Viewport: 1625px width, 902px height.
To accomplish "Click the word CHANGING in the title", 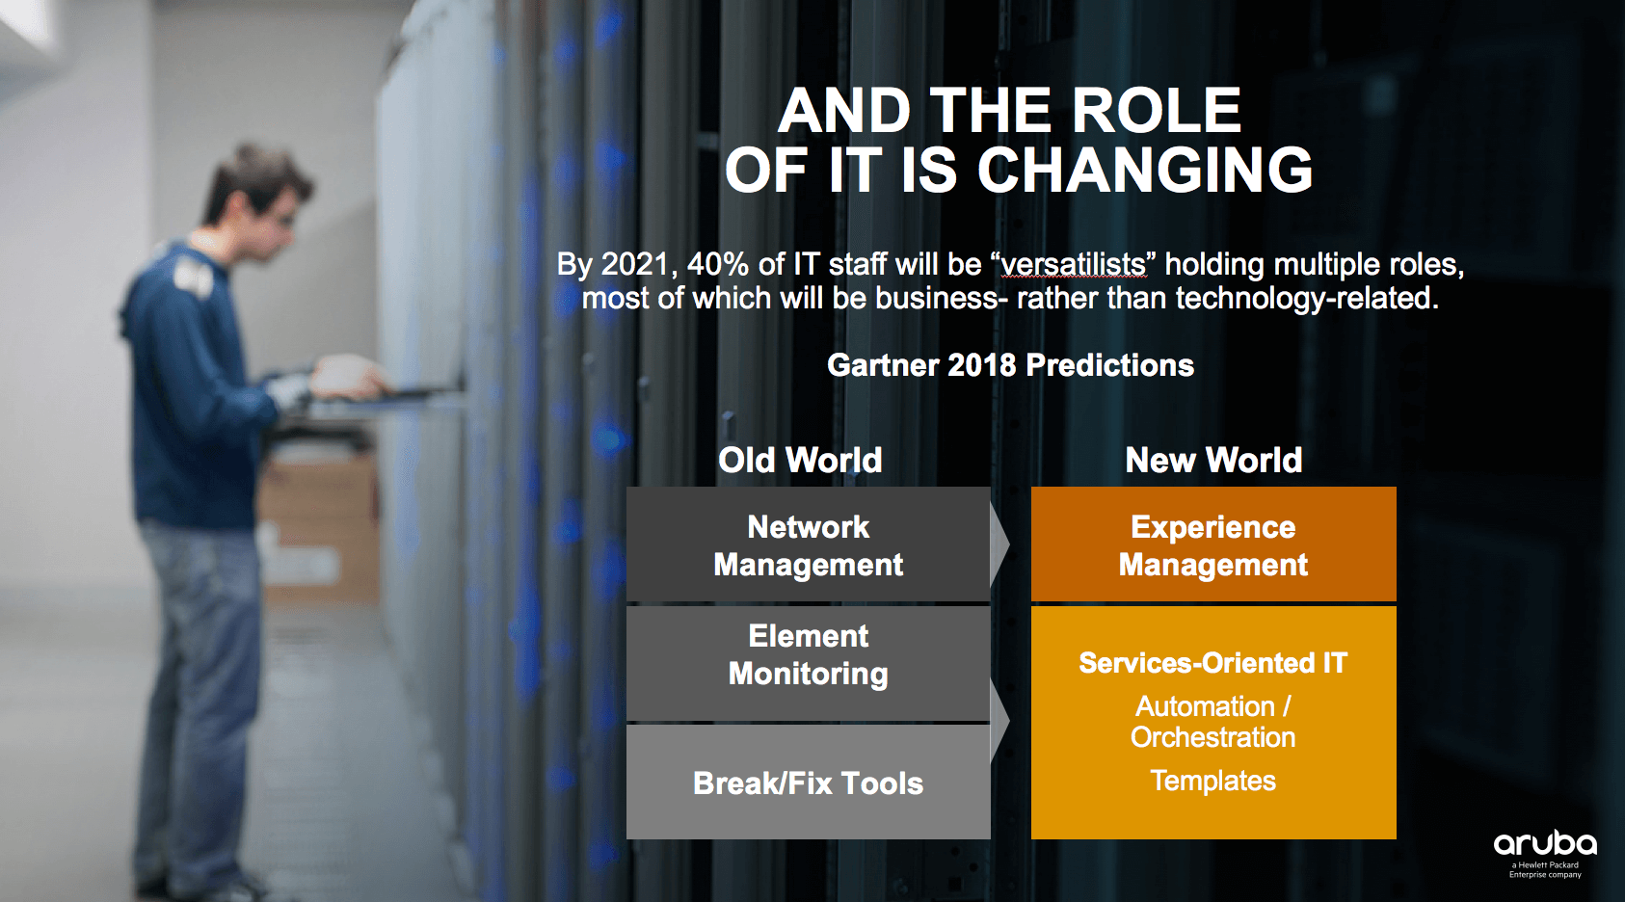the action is click(x=1145, y=170).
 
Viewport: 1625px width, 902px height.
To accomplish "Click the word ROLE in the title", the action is click(x=1157, y=110).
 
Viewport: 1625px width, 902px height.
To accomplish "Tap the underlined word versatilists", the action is click(x=1074, y=264).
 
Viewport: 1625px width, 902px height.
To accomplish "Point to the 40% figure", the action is click(x=718, y=264).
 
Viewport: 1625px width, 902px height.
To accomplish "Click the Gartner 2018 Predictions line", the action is click(x=1010, y=364).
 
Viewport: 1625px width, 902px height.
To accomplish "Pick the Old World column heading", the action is click(x=800, y=460).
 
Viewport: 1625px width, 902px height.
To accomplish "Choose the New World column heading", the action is click(x=1213, y=460).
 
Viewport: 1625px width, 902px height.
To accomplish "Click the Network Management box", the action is click(x=808, y=544).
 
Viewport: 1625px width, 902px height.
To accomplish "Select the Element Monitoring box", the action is click(x=808, y=663).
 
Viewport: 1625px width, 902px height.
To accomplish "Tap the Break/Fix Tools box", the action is click(x=808, y=783).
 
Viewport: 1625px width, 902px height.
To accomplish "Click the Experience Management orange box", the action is click(x=1213, y=544).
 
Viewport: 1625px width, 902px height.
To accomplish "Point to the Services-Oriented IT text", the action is click(x=1212, y=663).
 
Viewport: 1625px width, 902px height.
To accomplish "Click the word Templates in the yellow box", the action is click(x=1212, y=781).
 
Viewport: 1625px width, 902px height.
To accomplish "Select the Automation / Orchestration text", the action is click(x=1212, y=722).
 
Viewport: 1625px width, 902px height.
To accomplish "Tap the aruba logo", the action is click(x=1545, y=853).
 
